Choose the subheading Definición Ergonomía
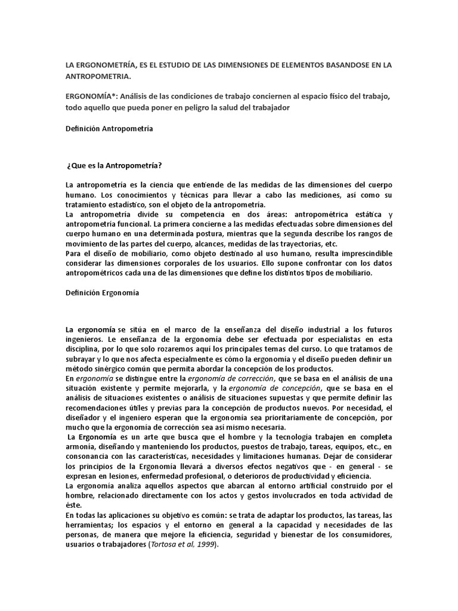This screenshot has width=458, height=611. point(102,293)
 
